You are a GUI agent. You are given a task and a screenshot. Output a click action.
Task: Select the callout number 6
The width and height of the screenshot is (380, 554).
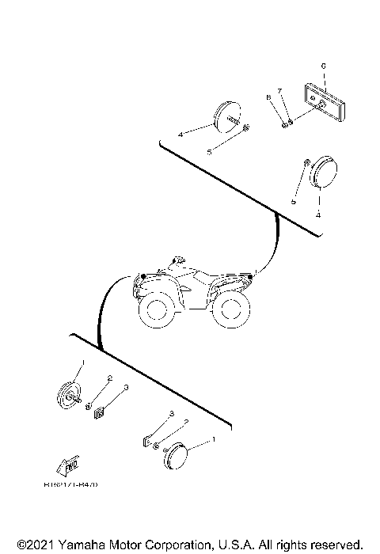(x=322, y=64)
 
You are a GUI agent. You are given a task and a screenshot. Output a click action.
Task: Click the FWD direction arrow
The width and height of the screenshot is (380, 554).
(x=68, y=466)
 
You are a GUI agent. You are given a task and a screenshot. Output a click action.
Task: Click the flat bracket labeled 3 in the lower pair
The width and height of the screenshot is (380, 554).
(x=148, y=438)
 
